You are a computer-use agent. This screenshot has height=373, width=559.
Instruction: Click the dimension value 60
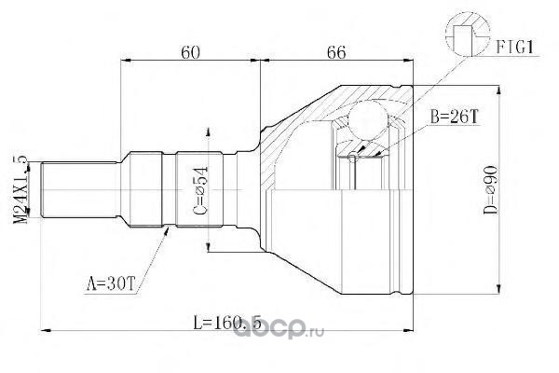[x=190, y=52]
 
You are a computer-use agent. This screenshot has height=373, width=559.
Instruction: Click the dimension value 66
[x=336, y=52]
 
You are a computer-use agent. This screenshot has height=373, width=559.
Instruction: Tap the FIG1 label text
[x=515, y=47]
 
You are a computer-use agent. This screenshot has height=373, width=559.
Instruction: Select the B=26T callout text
[x=454, y=117]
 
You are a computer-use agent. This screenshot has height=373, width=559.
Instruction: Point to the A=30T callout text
[x=111, y=284]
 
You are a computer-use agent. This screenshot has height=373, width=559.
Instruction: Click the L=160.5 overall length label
[x=227, y=323]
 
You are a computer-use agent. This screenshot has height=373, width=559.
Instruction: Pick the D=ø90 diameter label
[x=491, y=190]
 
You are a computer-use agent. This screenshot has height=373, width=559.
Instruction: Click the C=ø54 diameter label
[x=200, y=191]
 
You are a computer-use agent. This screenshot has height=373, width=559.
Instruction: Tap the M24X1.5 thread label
[x=20, y=189]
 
